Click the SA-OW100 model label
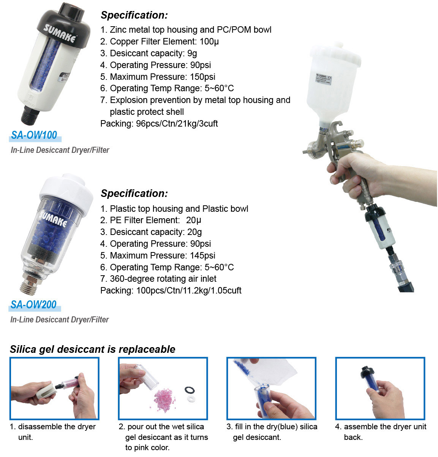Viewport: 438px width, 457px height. pos(34,135)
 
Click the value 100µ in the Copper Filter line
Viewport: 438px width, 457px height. pos(209,41)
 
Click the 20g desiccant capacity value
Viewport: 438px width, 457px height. pos(194,232)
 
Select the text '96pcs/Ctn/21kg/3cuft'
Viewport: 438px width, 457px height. pos(177,124)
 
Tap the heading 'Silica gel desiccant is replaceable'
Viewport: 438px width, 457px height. pos(93,349)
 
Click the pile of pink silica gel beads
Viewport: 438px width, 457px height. pos(165,400)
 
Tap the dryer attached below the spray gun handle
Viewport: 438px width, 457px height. pos(380,228)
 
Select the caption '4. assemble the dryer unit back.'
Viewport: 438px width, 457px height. pos(381,432)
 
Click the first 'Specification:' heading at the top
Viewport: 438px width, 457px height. pos(134,15)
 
